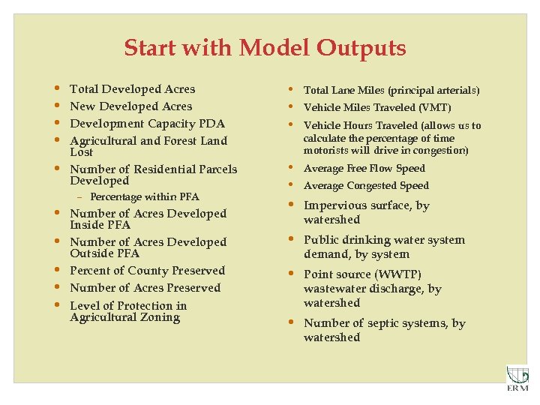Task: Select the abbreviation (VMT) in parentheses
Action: [435, 108]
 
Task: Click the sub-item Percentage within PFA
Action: [145, 197]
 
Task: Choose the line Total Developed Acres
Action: [132, 89]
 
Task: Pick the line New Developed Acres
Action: [130, 106]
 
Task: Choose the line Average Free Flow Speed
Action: [364, 169]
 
